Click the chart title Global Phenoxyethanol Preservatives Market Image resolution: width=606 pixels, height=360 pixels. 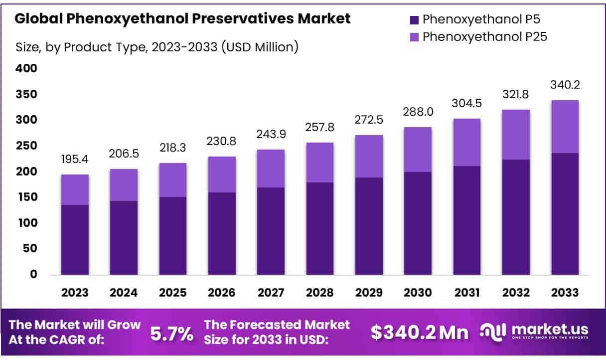(x=182, y=19)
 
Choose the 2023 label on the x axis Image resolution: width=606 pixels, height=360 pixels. (x=75, y=293)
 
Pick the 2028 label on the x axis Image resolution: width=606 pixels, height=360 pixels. (x=320, y=293)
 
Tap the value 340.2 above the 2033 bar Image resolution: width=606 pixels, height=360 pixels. (x=565, y=85)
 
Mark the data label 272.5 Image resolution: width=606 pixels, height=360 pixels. (x=369, y=121)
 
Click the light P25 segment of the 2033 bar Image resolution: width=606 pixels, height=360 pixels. (x=565, y=127)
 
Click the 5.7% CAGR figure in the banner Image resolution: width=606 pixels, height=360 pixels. (x=172, y=334)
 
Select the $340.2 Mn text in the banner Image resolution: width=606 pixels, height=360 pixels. (x=420, y=333)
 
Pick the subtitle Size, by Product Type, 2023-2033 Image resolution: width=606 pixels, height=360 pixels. (x=157, y=47)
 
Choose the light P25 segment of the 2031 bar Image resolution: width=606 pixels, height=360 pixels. (x=466, y=142)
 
